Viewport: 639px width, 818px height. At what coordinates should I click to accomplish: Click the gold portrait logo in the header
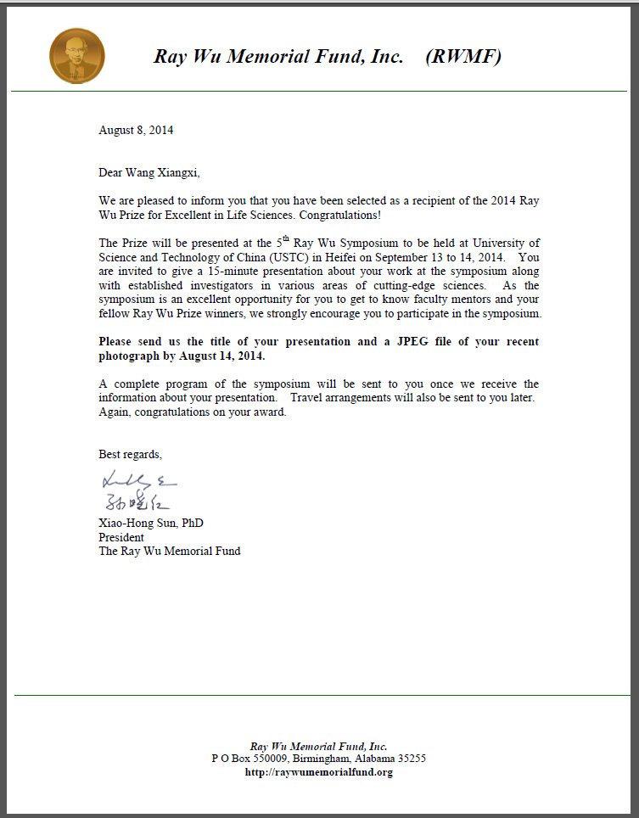click(77, 56)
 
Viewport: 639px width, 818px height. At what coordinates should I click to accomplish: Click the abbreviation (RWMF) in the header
click(463, 57)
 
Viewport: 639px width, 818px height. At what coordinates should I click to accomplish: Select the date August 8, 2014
click(136, 130)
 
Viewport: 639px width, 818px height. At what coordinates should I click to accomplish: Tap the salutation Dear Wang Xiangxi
click(149, 172)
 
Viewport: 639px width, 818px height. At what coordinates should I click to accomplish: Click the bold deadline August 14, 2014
click(200, 355)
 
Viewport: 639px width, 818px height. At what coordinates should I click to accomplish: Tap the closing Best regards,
click(130, 453)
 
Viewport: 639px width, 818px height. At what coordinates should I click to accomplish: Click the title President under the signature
click(121, 537)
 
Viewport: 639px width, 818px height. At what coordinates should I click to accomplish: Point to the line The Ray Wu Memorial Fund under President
click(169, 551)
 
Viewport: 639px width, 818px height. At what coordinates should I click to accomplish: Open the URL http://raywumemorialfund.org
click(318, 772)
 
